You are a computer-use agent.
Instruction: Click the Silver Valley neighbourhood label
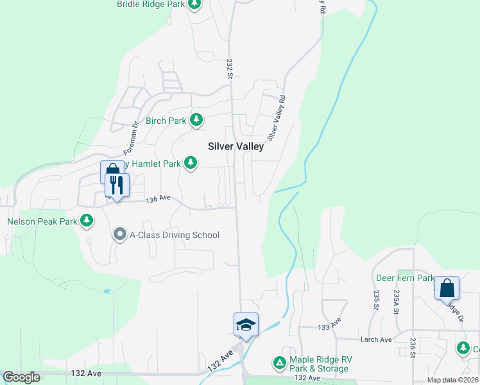[236, 146]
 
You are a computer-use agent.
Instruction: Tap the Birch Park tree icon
[196, 120]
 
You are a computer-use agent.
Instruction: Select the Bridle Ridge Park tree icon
[195, 4]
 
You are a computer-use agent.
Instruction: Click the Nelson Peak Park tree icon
[87, 222]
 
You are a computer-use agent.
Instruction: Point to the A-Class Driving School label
[175, 235]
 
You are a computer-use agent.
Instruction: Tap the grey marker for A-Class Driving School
[120, 235]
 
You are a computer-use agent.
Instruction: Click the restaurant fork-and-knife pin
[117, 185]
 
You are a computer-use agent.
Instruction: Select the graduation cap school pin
[245, 325]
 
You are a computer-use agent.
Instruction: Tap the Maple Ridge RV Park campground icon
[280, 363]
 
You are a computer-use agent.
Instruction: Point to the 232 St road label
[229, 69]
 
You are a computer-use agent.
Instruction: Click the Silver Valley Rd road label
[277, 118]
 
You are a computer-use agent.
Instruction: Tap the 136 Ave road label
[159, 199]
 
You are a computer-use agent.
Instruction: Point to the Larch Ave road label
[377, 339]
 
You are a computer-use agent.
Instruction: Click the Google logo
[21, 377]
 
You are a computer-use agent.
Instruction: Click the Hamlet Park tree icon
[190, 164]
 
